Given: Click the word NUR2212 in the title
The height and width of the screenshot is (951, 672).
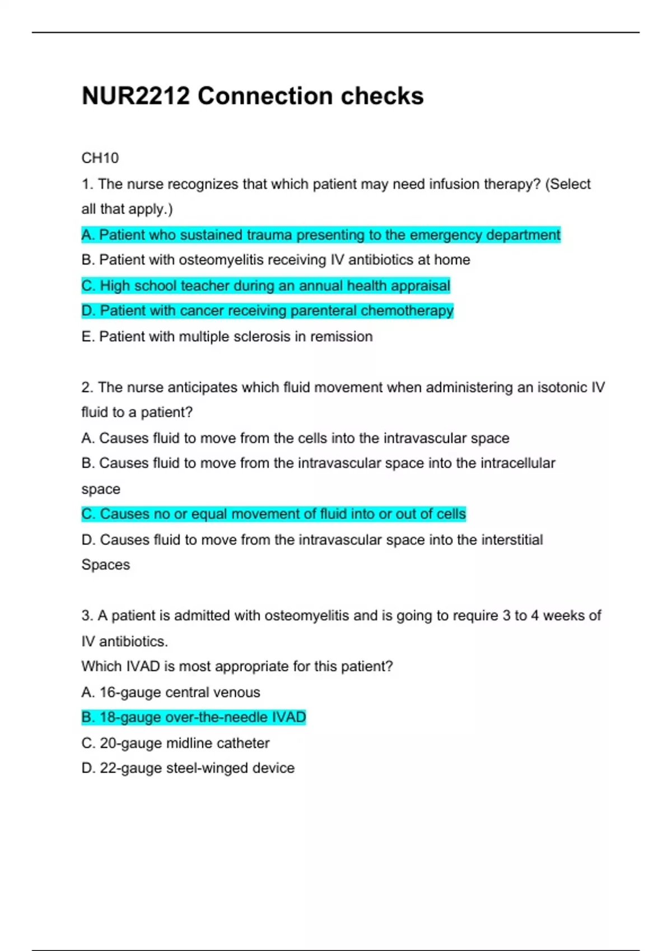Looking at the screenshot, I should point(136,96).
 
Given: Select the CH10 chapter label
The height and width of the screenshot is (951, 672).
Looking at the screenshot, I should point(100,158).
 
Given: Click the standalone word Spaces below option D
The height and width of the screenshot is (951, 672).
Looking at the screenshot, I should point(105,565).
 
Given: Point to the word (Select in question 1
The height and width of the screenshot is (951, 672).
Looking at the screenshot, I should point(568,184).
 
